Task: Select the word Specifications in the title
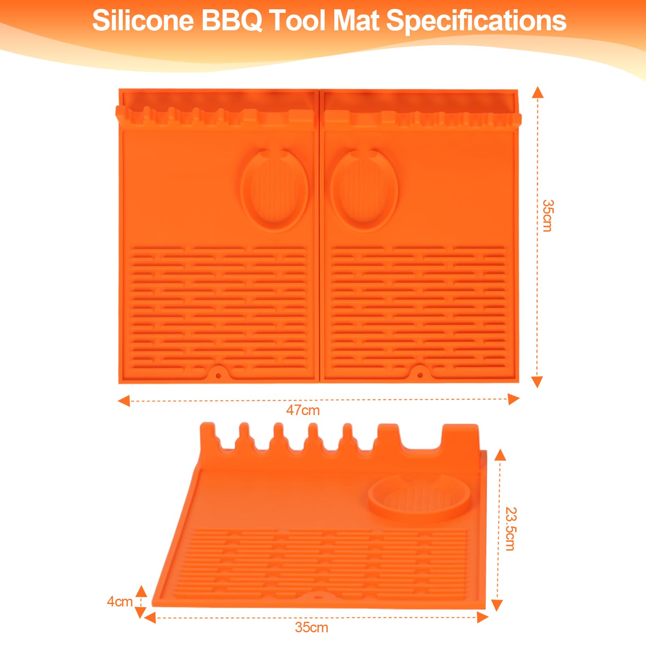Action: (476, 21)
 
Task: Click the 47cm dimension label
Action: (303, 410)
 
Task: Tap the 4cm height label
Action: (120, 602)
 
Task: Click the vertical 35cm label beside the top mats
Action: (547, 216)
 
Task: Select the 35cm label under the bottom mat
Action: (311, 627)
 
